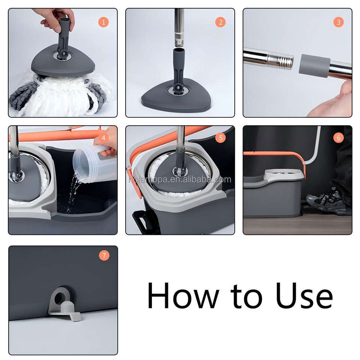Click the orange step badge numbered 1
click(103, 22)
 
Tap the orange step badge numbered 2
click(220, 22)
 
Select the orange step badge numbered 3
click(338, 22)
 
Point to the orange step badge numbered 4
click(103, 138)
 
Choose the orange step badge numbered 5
click(220, 138)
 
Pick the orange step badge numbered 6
click(338, 138)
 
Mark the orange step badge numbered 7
click(104, 255)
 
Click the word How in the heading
click(183, 296)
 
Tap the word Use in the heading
click(304, 296)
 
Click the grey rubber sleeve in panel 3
click(314, 66)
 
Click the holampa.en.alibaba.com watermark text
click(180, 180)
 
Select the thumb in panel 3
click(344, 90)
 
